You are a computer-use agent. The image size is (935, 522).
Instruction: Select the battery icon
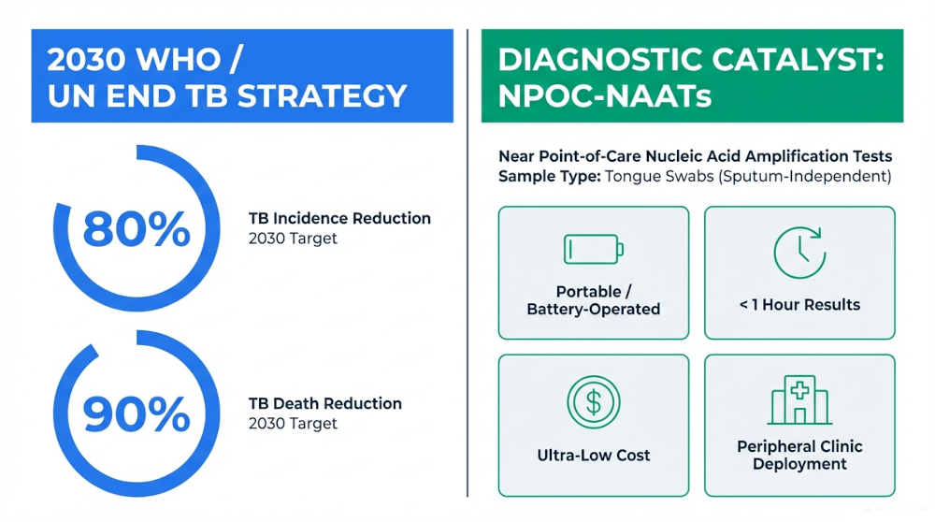pos(593,250)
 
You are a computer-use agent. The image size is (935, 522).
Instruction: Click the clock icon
pos(799,252)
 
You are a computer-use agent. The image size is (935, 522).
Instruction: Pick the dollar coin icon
pos(593,401)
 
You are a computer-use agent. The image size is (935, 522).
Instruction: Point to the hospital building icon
pos(799,399)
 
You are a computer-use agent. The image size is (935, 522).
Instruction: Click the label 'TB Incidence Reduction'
pos(339,218)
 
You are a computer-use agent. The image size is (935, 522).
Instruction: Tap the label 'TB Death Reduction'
pos(324,403)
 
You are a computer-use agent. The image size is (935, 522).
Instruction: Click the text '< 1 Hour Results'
pos(799,305)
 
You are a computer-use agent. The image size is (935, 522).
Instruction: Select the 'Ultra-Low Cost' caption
pos(593,456)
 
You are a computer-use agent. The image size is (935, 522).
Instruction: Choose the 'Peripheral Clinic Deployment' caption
pos(799,456)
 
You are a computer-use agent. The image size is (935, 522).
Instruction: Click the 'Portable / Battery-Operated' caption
pos(593,300)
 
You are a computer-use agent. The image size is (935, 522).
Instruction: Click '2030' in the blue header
pos(85,59)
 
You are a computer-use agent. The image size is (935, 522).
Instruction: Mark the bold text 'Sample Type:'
pos(548,176)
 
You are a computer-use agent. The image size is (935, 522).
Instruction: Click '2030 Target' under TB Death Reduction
pos(293,424)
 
